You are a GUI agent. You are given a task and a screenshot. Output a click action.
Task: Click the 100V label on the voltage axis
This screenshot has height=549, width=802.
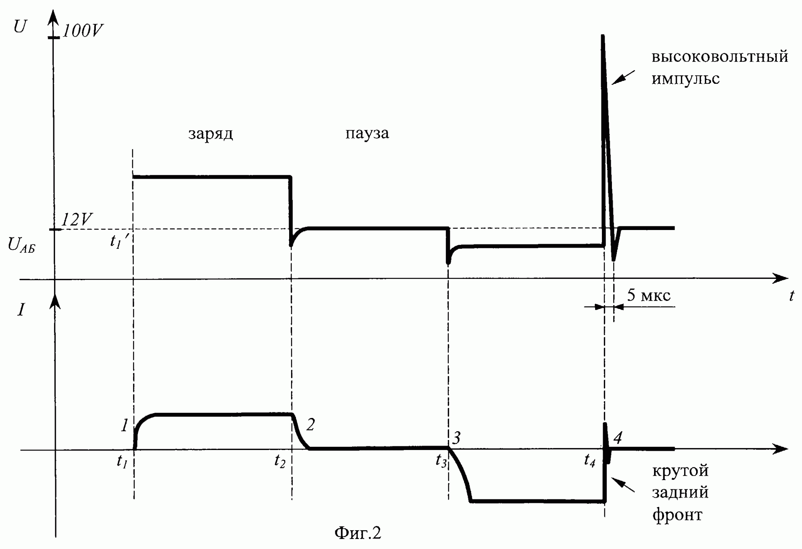83,31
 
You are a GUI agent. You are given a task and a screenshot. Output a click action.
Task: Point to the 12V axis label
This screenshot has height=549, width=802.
77,220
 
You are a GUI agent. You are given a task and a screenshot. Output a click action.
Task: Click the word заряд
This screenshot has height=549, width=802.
211,134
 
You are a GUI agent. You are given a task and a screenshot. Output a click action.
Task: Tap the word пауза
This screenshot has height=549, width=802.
367,133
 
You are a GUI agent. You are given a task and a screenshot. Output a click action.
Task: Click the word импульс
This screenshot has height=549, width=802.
685,79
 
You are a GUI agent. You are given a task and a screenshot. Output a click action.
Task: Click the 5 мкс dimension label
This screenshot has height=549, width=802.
648,295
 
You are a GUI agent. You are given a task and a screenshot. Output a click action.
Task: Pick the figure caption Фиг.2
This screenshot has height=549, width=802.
357,533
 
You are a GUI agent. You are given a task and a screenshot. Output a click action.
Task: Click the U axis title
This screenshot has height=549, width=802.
20,27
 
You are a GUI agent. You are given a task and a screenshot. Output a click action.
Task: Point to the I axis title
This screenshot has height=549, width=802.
21,310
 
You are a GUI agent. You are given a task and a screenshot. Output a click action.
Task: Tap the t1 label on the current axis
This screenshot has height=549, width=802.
122,462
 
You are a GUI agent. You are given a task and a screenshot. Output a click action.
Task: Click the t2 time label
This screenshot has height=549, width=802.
280,462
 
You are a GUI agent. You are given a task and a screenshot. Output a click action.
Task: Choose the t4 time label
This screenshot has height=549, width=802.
589,461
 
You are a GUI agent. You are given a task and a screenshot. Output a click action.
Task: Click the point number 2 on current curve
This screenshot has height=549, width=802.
310,424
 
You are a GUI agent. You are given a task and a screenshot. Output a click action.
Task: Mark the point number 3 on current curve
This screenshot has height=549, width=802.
456,438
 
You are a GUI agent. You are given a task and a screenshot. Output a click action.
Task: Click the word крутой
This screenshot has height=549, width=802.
680,470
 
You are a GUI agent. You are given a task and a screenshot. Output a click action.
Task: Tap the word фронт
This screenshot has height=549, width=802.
677,515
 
